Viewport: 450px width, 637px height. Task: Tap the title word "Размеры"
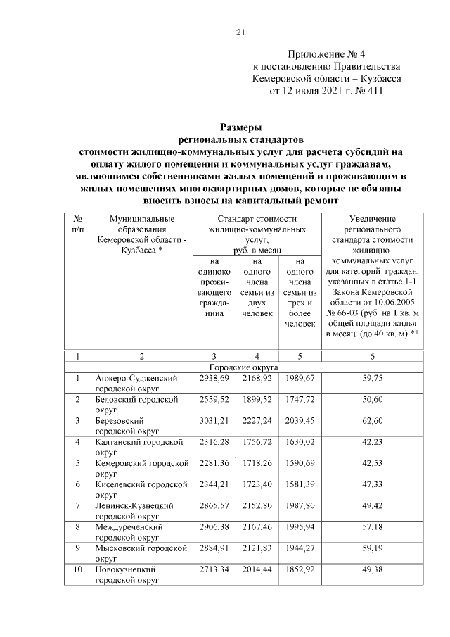tap(240, 127)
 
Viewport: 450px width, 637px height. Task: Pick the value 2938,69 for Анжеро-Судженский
tap(214, 379)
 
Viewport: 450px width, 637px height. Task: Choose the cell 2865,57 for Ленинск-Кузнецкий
tap(214, 506)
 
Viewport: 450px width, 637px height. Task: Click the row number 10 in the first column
tap(77, 569)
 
